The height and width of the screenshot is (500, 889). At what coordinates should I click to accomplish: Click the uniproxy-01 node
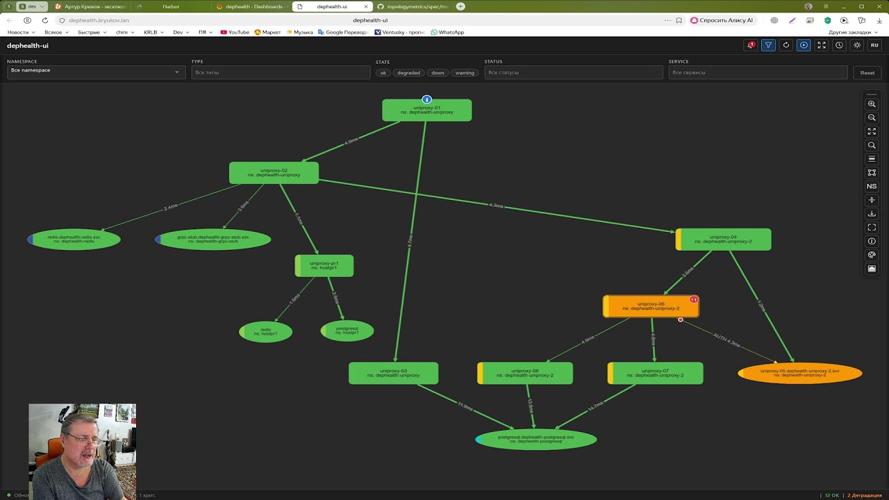click(426, 111)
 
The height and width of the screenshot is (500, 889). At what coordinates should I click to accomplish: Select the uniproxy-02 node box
click(274, 173)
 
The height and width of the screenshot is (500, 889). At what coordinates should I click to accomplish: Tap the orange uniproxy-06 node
click(651, 306)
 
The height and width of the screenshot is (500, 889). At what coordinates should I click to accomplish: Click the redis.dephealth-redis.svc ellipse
click(74, 240)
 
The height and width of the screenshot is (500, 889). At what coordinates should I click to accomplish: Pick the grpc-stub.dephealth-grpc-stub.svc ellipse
click(213, 240)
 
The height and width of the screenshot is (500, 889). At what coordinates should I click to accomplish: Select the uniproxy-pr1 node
click(324, 266)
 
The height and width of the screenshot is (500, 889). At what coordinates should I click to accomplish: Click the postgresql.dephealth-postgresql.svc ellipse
click(535, 440)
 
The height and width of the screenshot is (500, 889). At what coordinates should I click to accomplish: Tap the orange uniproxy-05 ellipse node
click(799, 373)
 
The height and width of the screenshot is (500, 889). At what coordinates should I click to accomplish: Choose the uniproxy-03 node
click(393, 374)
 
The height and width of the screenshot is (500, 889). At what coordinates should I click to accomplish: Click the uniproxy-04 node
click(723, 240)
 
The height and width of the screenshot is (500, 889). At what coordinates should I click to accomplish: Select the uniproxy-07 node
click(655, 374)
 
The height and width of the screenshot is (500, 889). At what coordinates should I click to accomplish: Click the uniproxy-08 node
click(525, 374)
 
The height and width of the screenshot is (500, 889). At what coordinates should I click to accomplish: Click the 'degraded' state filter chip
click(408, 73)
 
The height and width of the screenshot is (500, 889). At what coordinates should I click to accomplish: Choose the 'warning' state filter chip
click(465, 73)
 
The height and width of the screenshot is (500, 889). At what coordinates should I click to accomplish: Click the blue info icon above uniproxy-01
click(427, 100)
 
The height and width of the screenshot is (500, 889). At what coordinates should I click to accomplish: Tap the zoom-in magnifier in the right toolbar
click(872, 104)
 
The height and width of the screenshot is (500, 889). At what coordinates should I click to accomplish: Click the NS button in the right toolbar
click(872, 186)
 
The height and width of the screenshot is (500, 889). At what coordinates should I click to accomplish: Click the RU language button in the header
click(874, 45)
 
